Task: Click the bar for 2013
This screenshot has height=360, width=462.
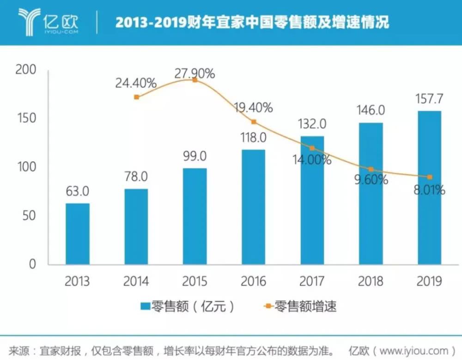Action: point(77,234)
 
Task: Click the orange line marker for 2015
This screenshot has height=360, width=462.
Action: point(195,80)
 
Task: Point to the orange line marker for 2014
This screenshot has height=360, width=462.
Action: point(136,97)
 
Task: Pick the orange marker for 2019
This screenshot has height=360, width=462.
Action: point(430,177)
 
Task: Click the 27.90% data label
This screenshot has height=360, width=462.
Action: point(195,73)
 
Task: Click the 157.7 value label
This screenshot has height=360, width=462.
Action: point(430,100)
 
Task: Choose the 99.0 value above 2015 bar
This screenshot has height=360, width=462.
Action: point(195,156)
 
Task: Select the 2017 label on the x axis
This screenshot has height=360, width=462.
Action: point(312,281)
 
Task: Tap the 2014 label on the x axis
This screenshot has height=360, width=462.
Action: point(136,281)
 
